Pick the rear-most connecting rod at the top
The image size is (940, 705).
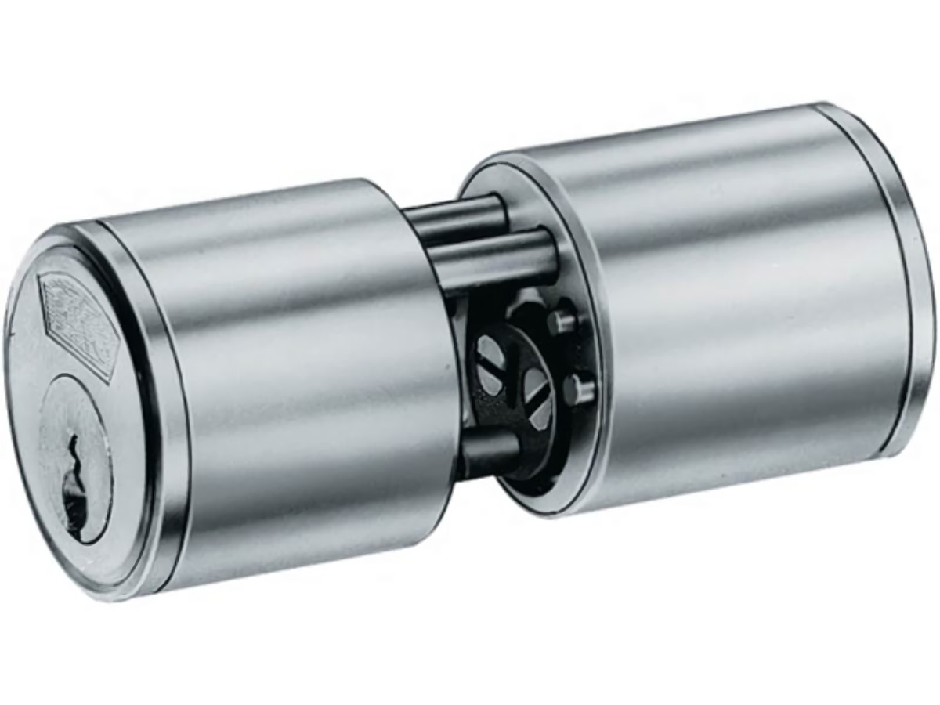click(x=454, y=211)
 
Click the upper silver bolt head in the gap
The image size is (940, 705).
click(x=562, y=321)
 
